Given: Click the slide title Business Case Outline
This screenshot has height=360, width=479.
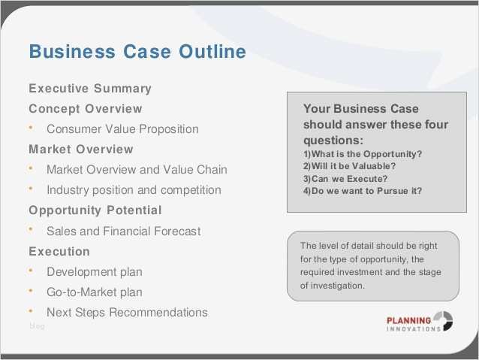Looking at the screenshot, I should pyautogui.click(x=137, y=52).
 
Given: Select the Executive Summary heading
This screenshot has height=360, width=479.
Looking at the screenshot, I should pyautogui.click(x=90, y=89).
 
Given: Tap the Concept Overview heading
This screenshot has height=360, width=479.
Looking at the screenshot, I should pyautogui.click(x=85, y=109).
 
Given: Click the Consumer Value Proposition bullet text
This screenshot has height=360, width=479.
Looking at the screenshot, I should pyautogui.click(x=122, y=129).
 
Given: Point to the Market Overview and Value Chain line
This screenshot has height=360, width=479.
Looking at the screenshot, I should pyautogui.click(x=137, y=170).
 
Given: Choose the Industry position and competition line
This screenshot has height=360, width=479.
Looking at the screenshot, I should pyautogui.click(x=134, y=190).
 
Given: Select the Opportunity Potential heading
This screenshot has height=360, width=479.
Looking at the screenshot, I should pyautogui.click(x=95, y=210).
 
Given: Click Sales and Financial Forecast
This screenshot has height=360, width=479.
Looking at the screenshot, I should pyautogui.click(x=123, y=231).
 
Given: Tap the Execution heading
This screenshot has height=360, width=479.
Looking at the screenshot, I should pyautogui.click(x=59, y=252).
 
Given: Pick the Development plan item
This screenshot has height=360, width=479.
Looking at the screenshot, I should pyautogui.click(x=94, y=272).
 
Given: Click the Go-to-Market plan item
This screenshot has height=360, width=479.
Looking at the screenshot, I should pyautogui.click(x=94, y=292).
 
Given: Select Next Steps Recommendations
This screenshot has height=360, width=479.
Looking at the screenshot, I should pyautogui.click(x=127, y=313).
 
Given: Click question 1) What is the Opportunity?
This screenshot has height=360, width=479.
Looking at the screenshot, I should pyautogui.click(x=362, y=154).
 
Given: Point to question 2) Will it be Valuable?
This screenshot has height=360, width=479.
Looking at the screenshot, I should pyautogui.click(x=349, y=166).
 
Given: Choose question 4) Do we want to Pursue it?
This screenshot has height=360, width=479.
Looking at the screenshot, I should pyautogui.click(x=362, y=191).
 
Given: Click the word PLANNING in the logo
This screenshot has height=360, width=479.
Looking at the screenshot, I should pyautogui.click(x=408, y=319).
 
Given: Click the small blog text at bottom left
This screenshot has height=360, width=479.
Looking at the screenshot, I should pyautogui.click(x=36, y=325).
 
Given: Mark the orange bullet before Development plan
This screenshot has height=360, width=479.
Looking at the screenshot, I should pyautogui.click(x=32, y=268).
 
